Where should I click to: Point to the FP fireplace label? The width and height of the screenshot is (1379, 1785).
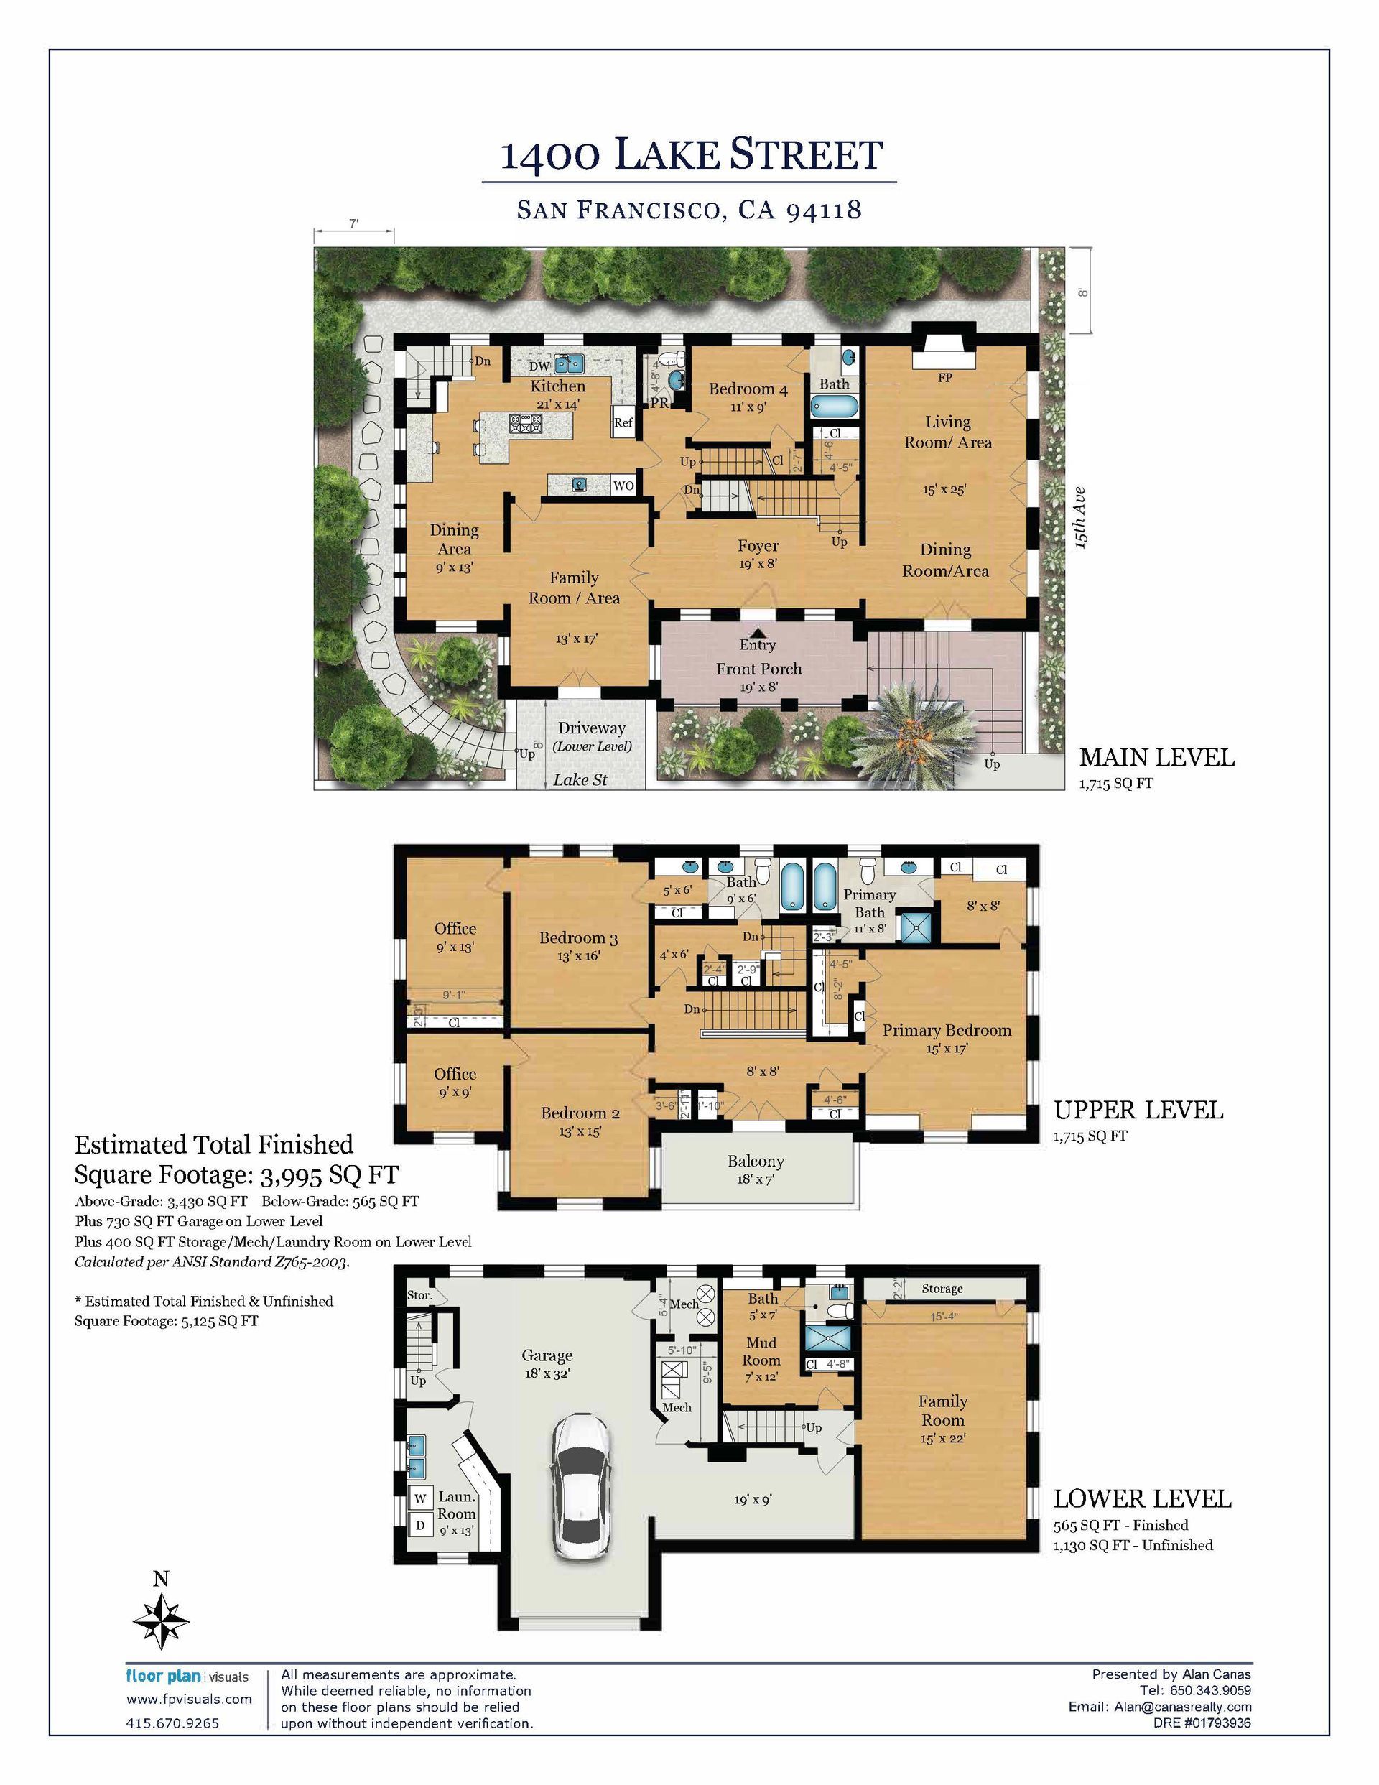point(945,378)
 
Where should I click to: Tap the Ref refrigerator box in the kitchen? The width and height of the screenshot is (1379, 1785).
point(623,422)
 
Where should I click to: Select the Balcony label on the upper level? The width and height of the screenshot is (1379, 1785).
point(756,1162)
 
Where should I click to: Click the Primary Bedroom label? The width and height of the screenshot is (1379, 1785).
point(947,1031)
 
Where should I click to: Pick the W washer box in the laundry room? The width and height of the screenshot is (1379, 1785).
point(420,1498)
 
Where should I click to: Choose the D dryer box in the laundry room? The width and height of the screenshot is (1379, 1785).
point(420,1524)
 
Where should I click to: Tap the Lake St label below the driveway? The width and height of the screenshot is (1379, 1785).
point(580,779)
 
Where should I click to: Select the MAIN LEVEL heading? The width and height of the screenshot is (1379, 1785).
point(1156,758)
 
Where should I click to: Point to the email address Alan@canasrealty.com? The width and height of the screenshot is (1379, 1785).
point(1182,1707)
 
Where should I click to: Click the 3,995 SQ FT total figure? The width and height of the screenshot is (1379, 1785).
point(329,1175)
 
